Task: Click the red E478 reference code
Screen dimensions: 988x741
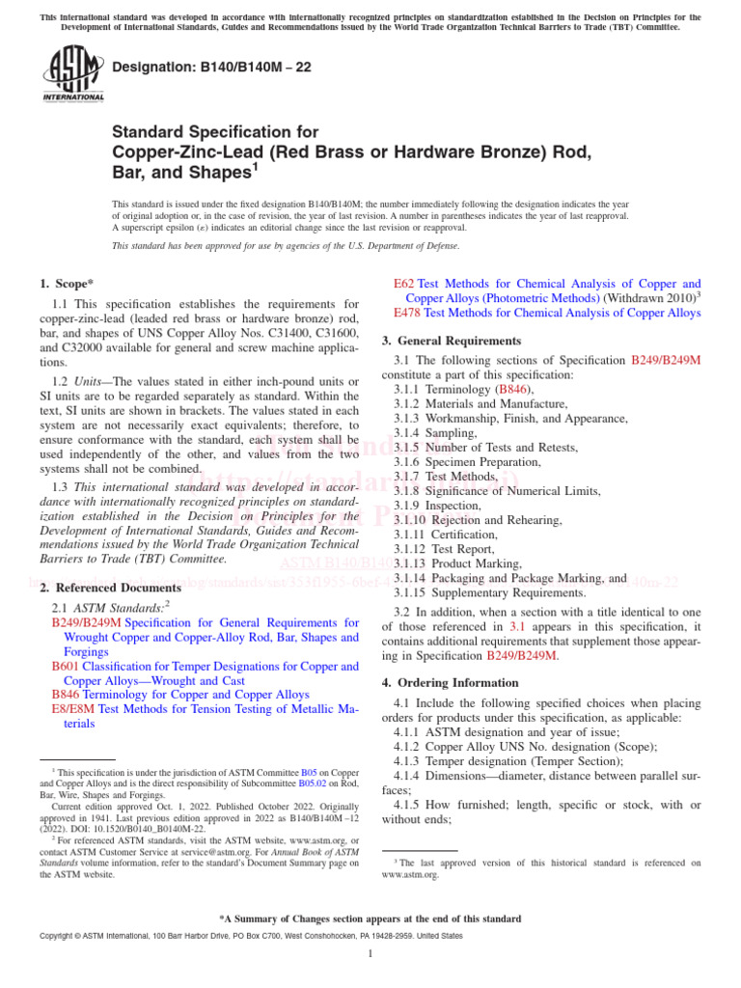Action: click(407, 314)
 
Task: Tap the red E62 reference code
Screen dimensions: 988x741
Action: click(404, 285)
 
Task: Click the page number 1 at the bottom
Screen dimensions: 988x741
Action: click(370, 954)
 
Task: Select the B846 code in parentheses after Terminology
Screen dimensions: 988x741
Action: click(511, 389)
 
